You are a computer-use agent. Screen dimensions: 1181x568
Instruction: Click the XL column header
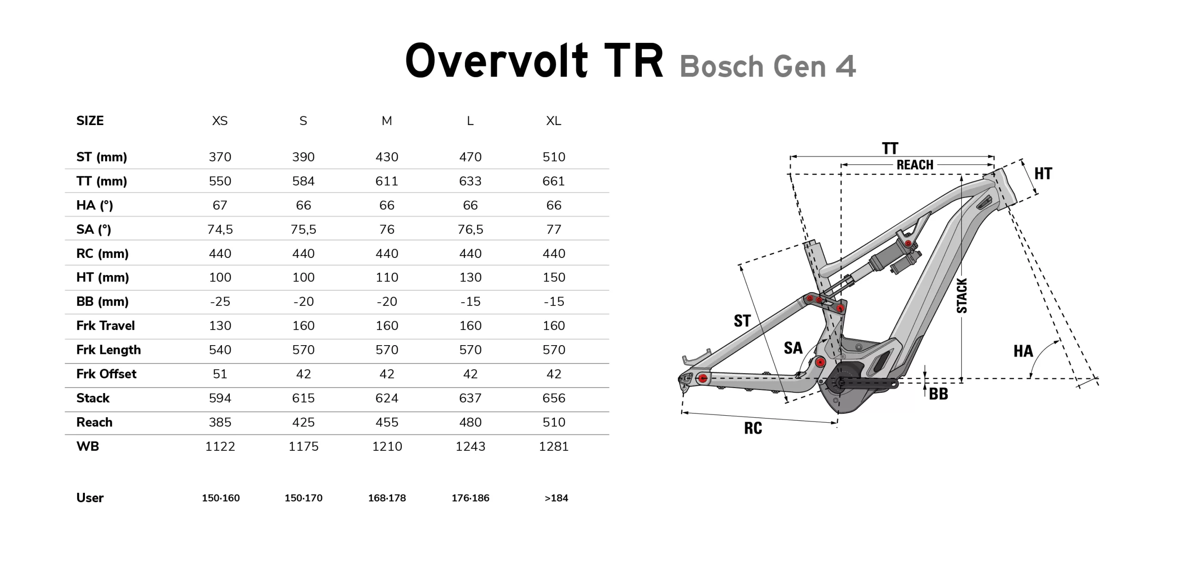coord(554,121)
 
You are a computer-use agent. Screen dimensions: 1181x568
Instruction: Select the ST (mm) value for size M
coord(387,157)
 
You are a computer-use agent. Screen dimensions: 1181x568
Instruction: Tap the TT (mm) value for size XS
coord(220,181)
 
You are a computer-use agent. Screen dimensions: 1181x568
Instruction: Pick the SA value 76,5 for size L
coord(470,229)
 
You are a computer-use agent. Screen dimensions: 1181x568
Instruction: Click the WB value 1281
coord(554,446)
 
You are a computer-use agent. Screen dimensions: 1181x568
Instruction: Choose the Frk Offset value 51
coord(220,374)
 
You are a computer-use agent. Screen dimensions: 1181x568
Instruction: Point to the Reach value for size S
coord(303,422)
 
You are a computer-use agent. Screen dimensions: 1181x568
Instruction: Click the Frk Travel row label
coord(106,326)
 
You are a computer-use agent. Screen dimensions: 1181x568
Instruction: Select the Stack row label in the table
coord(93,398)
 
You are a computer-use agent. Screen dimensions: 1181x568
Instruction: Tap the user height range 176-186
coord(470,498)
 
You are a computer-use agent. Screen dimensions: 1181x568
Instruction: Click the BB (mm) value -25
coord(220,302)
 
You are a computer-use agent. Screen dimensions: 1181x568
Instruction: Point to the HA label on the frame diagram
coord(1023,351)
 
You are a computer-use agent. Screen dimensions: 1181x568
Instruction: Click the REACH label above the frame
coord(915,165)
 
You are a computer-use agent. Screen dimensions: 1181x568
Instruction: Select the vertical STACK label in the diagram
coord(962,296)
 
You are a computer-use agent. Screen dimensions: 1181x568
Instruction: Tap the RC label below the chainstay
coord(753,428)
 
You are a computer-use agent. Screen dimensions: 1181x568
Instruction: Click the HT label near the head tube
coord(1043,173)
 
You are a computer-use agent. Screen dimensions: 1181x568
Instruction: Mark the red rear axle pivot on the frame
coord(703,379)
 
